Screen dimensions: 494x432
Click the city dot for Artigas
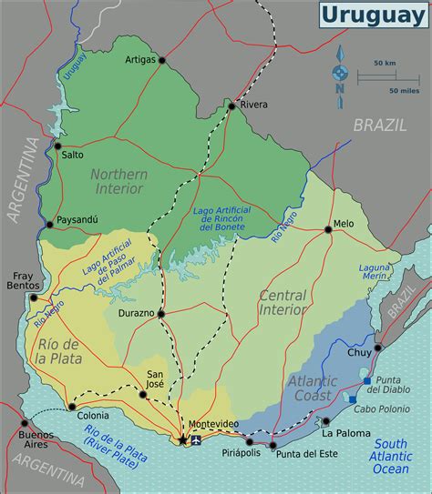[162, 61]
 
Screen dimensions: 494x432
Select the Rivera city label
[254, 105]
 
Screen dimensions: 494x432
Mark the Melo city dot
[329, 229]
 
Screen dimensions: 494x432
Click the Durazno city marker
[161, 314]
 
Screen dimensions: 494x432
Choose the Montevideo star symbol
[182, 440]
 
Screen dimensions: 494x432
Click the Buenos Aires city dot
[24, 423]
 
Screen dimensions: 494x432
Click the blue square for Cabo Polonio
[352, 398]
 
